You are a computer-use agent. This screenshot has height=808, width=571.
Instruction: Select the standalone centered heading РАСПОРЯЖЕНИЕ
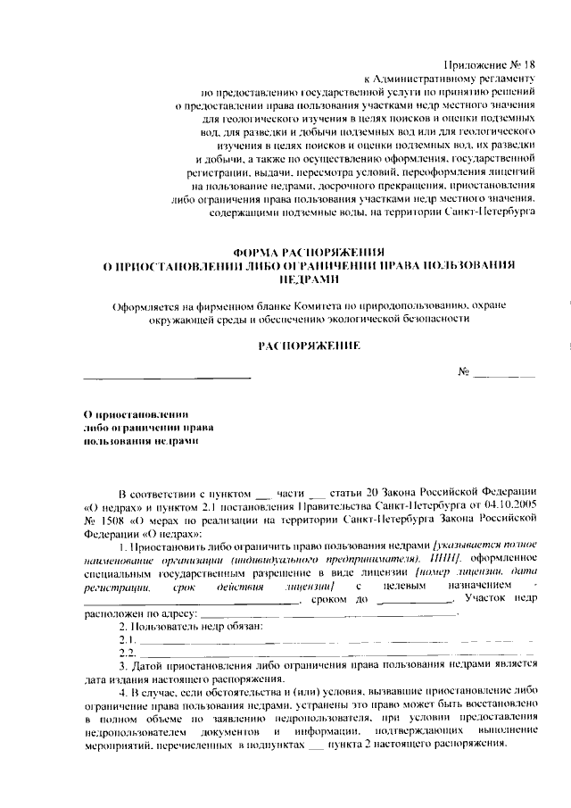tap(309, 345)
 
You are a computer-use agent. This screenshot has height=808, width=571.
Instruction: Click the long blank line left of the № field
tap(167, 377)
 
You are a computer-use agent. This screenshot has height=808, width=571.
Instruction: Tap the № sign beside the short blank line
tap(463, 372)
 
